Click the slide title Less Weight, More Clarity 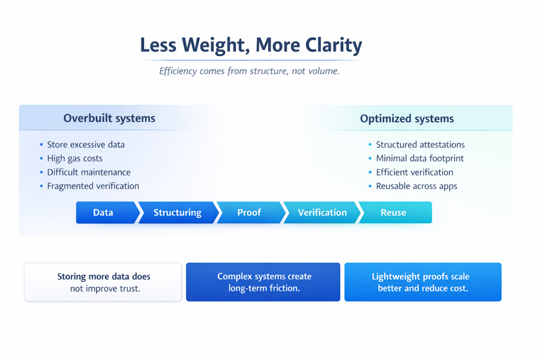(x=251, y=45)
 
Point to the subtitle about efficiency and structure (x=249, y=71)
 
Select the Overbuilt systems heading (x=109, y=119)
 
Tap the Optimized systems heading (x=407, y=119)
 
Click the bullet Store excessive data (x=85, y=145)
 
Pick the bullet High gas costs (x=74, y=158)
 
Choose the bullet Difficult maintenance (x=89, y=172)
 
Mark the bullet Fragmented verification (x=93, y=186)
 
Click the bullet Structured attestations (x=420, y=145)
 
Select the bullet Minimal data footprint (x=419, y=158)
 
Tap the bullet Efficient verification (x=414, y=172)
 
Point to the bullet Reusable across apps (x=416, y=186)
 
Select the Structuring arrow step (x=177, y=213)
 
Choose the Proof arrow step (x=249, y=213)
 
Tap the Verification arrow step (x=322, y=213)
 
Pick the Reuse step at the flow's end (x=394, y=213)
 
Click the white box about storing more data (x=103, y=282)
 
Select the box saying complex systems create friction (x=263, y=282)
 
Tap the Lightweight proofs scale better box (x=423, y=282)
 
